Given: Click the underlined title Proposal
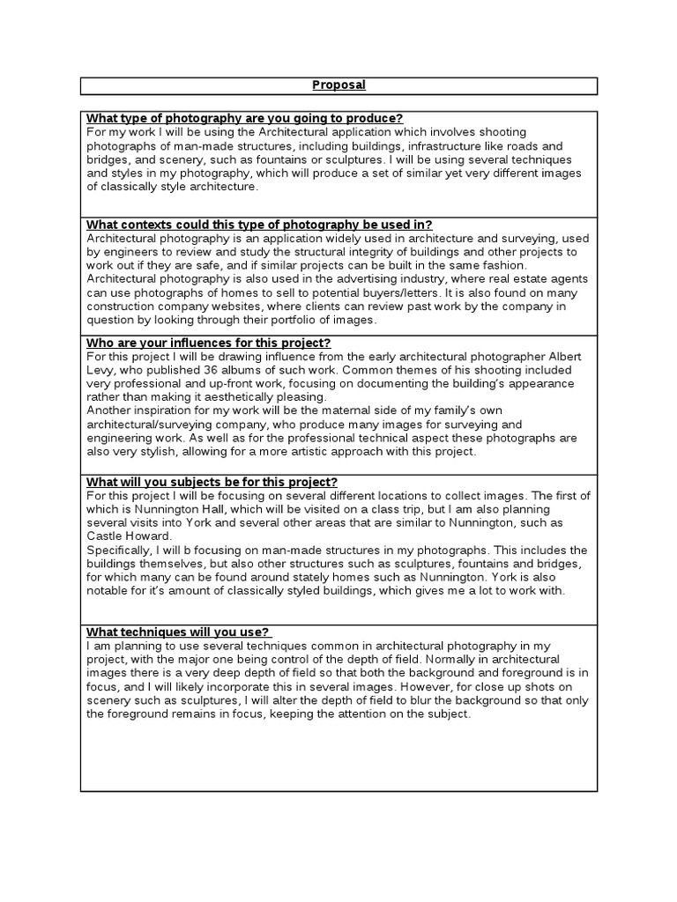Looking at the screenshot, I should pos(338,85).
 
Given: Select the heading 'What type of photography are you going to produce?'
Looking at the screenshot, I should pos(244,119).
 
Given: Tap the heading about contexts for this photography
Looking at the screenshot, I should pos(259,225).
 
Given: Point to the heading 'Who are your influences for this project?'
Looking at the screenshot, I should pos(208,343).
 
